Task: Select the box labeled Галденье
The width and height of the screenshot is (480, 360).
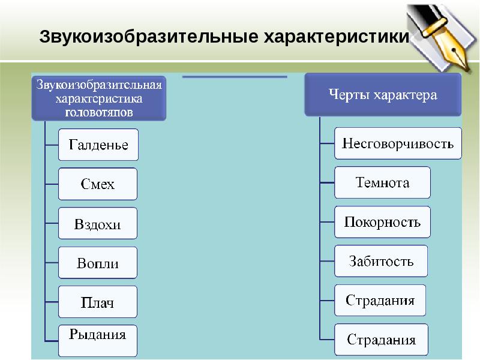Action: (98, 145)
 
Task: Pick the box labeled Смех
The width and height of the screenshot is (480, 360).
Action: (98, 184)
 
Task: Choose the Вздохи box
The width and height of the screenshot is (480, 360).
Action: (98, 224)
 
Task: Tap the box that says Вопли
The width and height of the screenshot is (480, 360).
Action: (98, 263)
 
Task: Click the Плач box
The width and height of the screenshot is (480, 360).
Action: (98, 302)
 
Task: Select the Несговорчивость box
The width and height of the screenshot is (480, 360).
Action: (398, 143)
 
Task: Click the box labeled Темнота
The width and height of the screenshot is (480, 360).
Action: (382, 182)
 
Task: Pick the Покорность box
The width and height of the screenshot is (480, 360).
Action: (382, 222)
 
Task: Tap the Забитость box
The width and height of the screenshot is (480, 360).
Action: (381, 261)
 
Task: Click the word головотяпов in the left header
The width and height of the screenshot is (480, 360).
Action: (98, 111)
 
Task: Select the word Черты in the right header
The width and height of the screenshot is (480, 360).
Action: (346, 95)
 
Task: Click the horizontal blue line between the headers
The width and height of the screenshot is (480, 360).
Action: (235, 77)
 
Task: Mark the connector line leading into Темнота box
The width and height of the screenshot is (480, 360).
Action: (327, 183)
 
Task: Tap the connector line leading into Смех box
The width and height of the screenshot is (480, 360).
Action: (52, 184)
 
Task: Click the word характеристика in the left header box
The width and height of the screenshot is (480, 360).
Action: (98, 97)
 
